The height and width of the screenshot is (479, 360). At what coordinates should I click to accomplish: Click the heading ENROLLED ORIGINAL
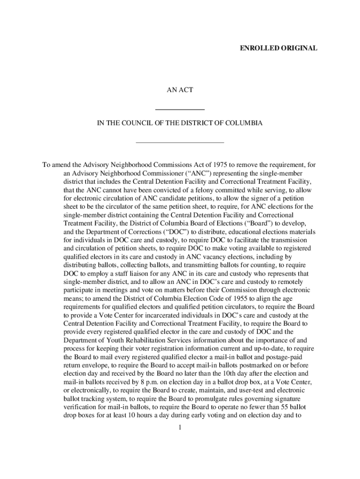pyautogui.click(x=279, y=48)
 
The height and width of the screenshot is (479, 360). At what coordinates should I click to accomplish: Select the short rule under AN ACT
pyautogui.click(x=180, y=109)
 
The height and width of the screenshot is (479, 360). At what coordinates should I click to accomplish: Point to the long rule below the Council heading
pyautogui.click(x=180, y=142)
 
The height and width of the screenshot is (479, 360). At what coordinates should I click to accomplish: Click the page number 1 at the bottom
pyautogui.click(x=180, y=427)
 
